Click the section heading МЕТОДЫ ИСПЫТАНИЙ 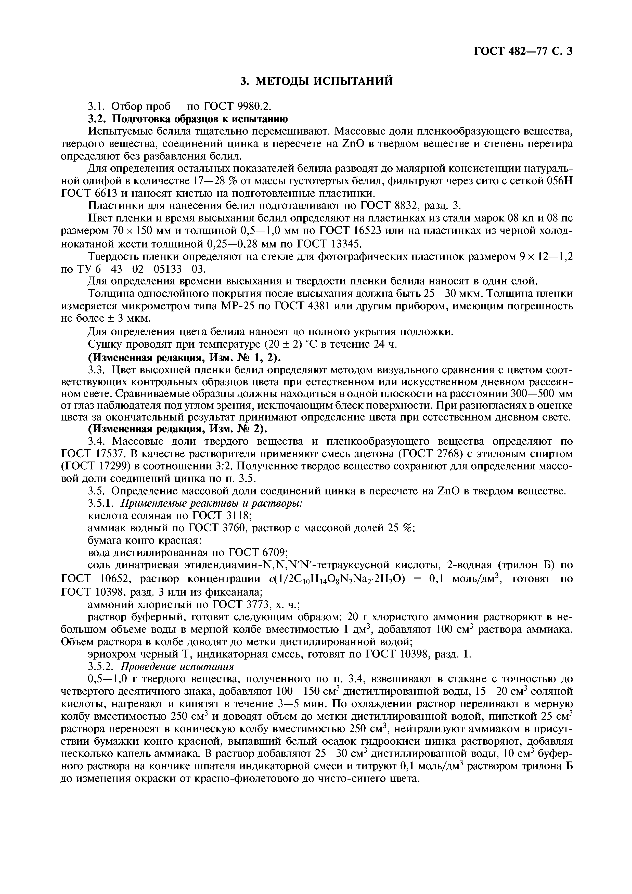tap(316, 81)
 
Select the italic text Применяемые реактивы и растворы tap(211, 504)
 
